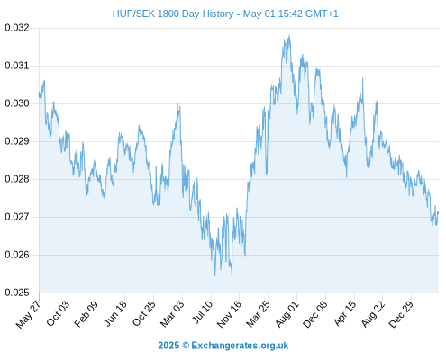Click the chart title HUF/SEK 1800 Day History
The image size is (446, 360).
pos(173,13)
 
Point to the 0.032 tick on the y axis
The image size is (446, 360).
pos(17,28)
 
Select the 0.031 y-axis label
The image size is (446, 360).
pos(17,66)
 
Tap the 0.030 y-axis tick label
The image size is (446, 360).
pos(17,103)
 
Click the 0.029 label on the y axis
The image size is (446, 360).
pos(17,141)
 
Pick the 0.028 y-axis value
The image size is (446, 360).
pos(17,179)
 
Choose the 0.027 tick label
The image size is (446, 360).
pos(17,217)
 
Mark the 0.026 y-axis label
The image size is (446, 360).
pos(17,255)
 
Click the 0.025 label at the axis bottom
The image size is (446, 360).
pos(17,292)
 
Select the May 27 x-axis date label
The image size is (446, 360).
pos(28,314)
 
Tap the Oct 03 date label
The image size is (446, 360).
pos(58,313)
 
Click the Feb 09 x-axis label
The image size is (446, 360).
pos(86,314)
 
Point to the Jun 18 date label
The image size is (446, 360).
pos(115,313)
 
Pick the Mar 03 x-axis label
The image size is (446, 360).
pos(172,314)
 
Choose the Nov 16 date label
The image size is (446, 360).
pos(229,314)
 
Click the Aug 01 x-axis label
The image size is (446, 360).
pos(287,314)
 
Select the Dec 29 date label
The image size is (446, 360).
pos(401,314)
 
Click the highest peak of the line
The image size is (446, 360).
pos(289,36)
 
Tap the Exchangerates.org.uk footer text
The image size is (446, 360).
pos(240,346)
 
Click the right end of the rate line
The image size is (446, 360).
pos(438,212)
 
